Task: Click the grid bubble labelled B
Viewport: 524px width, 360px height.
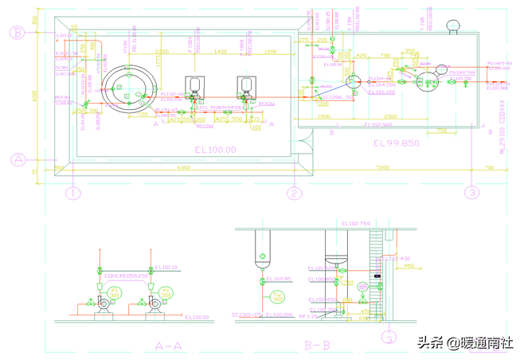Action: [17, 33]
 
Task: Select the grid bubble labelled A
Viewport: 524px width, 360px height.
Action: [17, 159]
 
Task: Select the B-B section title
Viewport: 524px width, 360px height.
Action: [317, 346]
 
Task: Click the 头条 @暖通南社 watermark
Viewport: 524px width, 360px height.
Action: [466, 343]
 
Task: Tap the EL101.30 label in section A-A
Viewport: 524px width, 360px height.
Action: [166, 268]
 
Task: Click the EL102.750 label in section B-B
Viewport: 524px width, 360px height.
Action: [357, 225]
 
